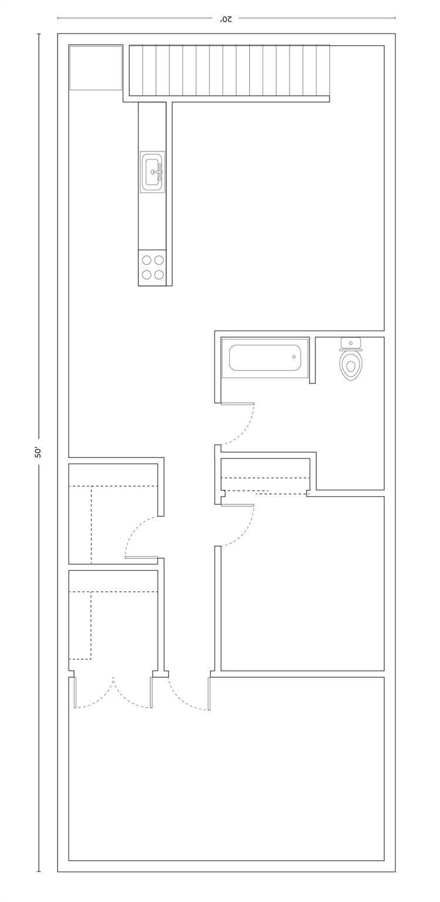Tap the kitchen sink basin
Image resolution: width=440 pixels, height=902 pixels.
click(152, 171)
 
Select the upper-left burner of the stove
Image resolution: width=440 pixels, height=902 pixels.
click(147, 260)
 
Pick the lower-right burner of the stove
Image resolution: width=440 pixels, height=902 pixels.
click(160, 275)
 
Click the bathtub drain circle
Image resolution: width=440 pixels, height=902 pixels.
click(294, 357)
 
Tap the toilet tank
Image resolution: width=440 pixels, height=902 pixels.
click(351, 343)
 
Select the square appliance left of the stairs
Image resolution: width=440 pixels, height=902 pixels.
click(96, 68)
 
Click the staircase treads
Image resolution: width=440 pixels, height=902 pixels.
click(229, 71)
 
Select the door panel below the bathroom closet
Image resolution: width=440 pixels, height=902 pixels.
click(237, 505)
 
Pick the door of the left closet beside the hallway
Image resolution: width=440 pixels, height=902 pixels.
click(141, 558)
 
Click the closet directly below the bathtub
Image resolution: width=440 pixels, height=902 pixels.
click(266, 474)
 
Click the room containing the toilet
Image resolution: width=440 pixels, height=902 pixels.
click(350, 413)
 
